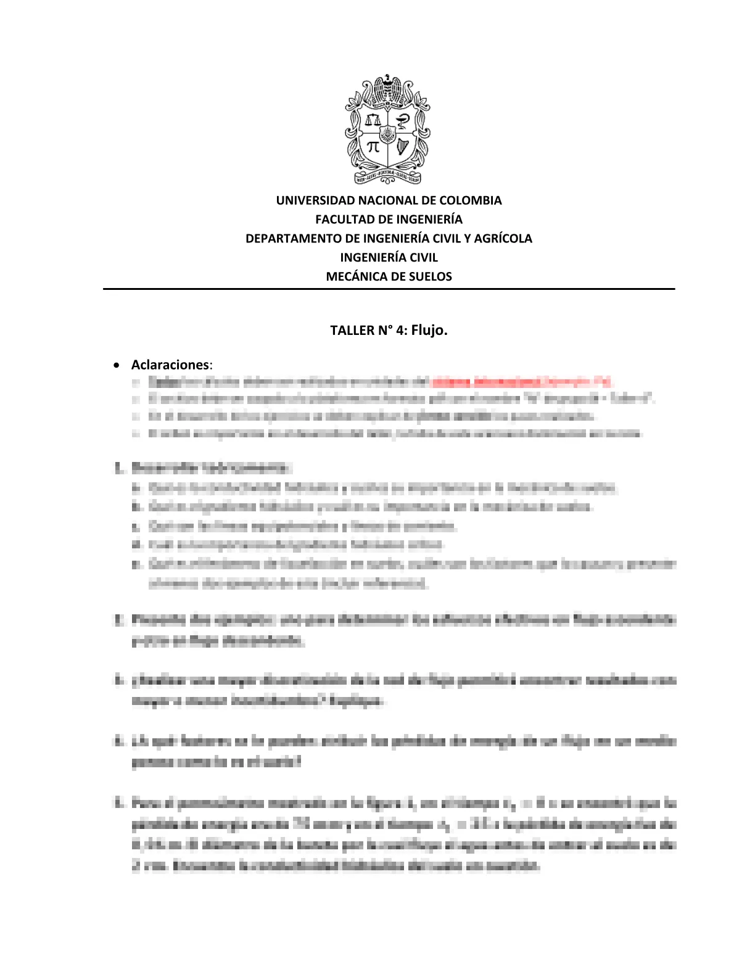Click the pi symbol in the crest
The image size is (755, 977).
373,147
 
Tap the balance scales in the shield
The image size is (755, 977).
373,118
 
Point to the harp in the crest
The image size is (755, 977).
402,147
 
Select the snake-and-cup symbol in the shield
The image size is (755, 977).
403,118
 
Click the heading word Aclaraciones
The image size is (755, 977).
170,365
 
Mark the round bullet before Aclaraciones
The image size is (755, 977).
117,366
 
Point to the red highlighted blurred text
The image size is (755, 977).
521,382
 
